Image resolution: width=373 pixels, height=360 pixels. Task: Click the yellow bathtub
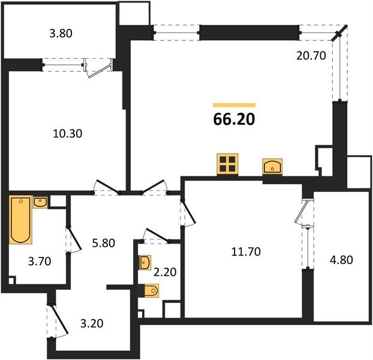(20, 220)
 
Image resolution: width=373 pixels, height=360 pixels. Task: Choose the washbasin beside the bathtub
(41, 202)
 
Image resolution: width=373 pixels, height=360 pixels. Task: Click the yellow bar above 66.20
(234, 105)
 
